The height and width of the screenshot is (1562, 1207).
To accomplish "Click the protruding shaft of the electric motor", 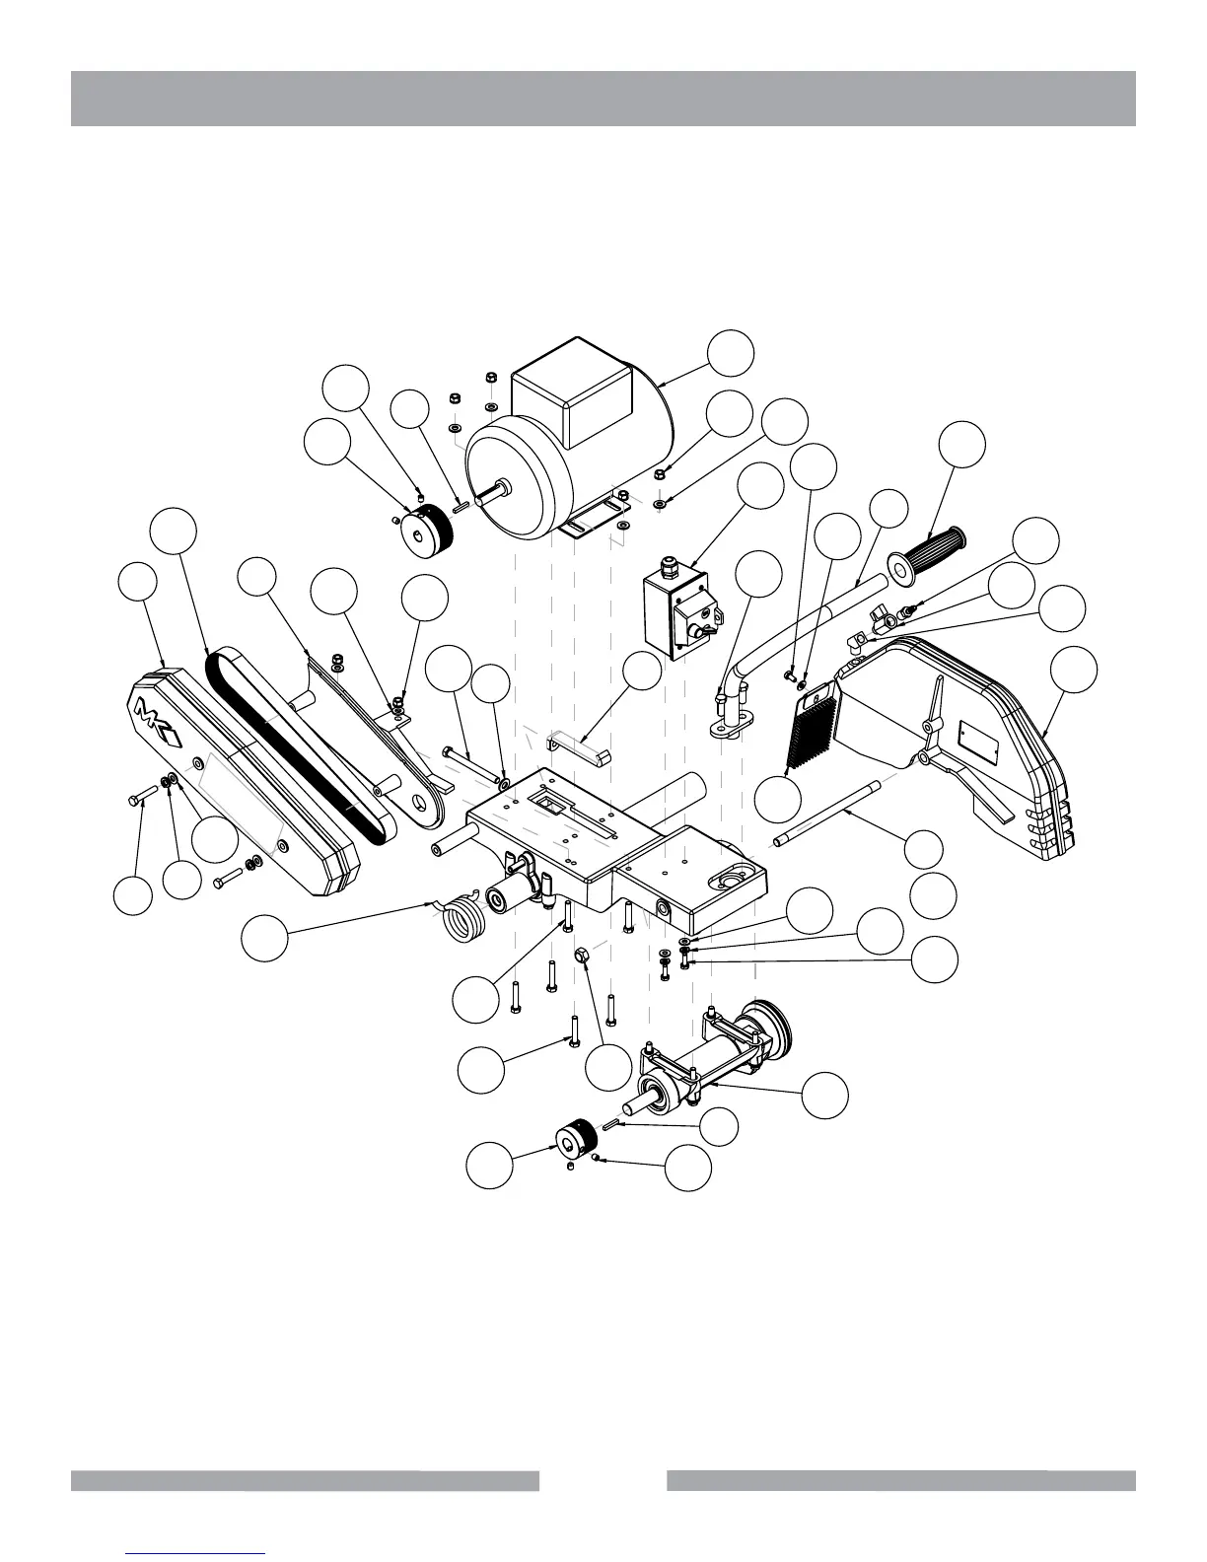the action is click(492, 490).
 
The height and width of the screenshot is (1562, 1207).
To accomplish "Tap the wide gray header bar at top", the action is click(603, 99).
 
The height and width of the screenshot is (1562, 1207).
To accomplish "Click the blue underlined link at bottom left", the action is click(196, 1552).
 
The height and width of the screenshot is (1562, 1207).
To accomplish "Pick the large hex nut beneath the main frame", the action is click(581, 956).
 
